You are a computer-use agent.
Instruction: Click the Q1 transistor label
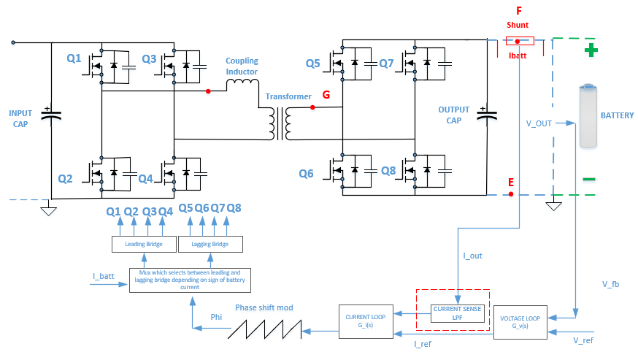click(74, 59)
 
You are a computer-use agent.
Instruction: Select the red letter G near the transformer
click(326, 95)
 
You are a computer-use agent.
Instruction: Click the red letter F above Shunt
click(518, 11)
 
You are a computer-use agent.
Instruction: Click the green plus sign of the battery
click(591, 50)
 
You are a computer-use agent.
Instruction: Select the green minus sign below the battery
click(589, 179)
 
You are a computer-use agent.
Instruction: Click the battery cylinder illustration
click(589, 116)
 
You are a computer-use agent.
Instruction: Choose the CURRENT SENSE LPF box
click(457, 313)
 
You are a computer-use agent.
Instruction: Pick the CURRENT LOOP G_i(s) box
click(366, 321)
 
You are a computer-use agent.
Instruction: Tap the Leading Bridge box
click(143, 243)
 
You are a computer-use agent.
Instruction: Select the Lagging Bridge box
click(210, 243)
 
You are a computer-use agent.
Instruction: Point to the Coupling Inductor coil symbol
click(242, 86)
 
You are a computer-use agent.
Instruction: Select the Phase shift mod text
click(264, 307)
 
